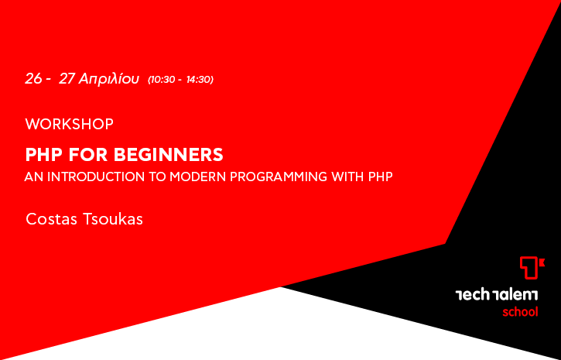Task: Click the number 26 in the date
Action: point(33,79)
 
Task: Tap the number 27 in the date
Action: point(67,79)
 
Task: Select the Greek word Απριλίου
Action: point(109,79)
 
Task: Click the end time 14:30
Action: point(199,80)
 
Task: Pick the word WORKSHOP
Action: point(70,124)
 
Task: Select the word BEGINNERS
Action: point(168,155)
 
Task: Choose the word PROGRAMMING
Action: point(279,177)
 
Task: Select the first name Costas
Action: point(51,219)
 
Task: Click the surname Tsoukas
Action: point(113,219)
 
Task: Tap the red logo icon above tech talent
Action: point(532,268)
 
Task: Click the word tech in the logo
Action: point(472,295)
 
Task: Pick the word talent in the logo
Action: point(515,295)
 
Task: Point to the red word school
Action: point(520,312)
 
